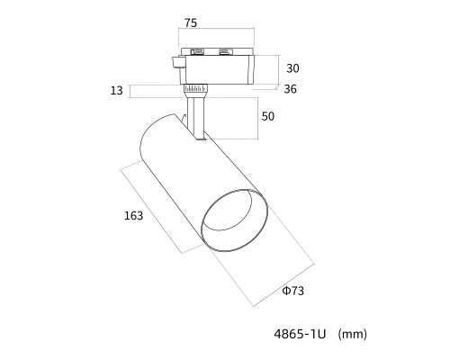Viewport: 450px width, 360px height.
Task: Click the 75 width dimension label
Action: point(191,22)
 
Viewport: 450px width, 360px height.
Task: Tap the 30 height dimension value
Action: point(292,68)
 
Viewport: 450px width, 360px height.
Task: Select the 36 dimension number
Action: point(290,89)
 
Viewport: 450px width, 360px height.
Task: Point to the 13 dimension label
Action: point(116,90)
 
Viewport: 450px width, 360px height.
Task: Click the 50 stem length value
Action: point(267,116)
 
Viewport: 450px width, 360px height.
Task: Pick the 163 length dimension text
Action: point(133,216)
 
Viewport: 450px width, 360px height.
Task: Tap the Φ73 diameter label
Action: point(293,291)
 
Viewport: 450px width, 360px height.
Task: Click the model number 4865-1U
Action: point(300,334)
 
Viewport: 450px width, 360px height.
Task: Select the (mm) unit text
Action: point(352,334)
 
